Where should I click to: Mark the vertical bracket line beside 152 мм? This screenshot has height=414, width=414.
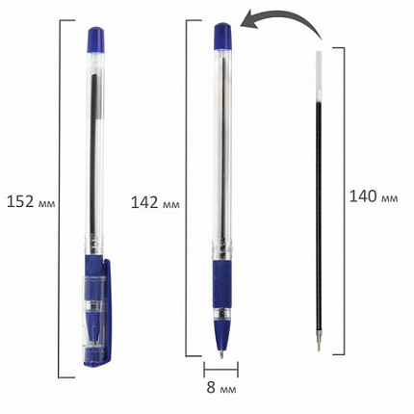pyautogui.click(x=64, y=201)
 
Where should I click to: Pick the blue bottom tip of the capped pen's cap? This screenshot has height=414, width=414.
pyautogui.click(x=97, y=361)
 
